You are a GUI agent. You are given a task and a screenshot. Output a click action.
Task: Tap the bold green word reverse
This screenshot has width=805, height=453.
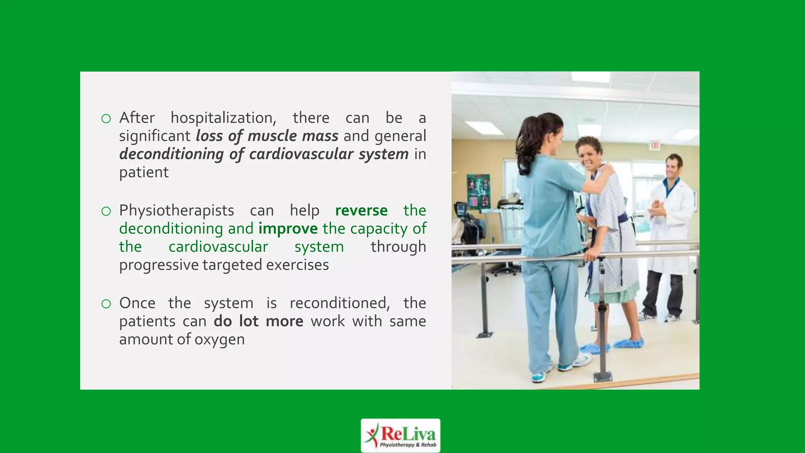[x=361, y=211]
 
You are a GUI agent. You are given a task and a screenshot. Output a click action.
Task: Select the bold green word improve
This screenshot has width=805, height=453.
[x=288, y=229]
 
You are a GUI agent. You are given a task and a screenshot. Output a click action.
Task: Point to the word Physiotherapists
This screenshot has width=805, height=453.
[x=176, y=211]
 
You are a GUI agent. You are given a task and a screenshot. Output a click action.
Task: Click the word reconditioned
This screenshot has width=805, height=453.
[x=340, y=303]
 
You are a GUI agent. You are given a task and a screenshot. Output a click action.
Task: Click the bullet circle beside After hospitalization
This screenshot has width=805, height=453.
[x=106, y=119]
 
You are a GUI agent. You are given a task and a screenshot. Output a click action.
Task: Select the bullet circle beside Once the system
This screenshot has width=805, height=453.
[x=106, y=304]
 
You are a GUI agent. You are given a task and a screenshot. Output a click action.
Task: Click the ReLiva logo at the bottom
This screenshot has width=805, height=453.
[x=400, y=435]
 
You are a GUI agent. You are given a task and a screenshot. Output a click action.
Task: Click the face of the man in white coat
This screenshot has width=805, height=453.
[x=673, y=167]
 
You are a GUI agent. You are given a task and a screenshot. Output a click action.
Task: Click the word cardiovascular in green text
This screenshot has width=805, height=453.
[x=218, y=247]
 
